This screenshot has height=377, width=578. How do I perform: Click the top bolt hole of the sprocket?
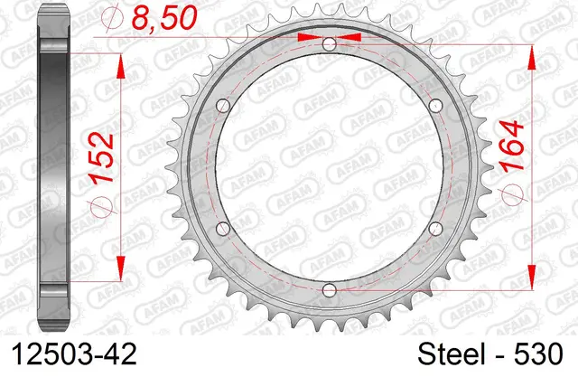click(329, 44)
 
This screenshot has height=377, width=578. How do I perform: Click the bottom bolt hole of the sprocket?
click(329, 290)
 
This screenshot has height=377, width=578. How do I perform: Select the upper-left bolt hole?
click(223, 106)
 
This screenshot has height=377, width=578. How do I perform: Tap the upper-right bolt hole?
click(435, 106)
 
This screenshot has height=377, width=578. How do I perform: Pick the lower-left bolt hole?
click(223, 229)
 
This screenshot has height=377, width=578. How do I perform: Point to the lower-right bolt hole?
click(435, 229)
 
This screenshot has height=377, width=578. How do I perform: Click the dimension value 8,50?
click(163, 17)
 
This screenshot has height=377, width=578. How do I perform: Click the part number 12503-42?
click(74, 354)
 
